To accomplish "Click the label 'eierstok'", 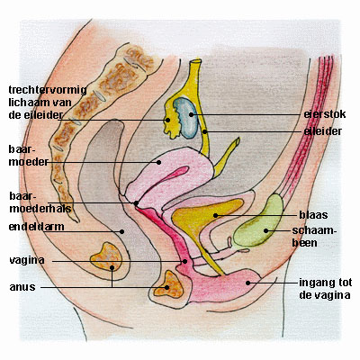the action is tap(325, 114).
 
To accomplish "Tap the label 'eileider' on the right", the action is tap(323, 131).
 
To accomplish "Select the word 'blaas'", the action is tap(313, 215).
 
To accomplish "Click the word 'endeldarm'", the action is tap(36, 227).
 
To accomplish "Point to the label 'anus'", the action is tap(22, 287).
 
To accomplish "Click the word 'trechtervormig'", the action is tap(48, 90).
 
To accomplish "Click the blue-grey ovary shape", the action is tap(186, 118).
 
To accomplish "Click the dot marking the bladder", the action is tap(215, 215).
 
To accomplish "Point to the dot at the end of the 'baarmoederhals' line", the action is tap(136, 203).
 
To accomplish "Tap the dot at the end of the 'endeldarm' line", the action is tap(121, 231).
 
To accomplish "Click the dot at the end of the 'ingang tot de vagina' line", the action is tap(247, 283).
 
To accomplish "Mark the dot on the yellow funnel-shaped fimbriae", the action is tap(168, 120).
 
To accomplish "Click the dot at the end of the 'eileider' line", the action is tap(204, 131).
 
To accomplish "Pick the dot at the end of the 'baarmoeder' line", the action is tap(159, 162).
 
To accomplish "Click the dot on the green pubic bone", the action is tap(265, 230).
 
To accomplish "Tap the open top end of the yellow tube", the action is tap(195, 61).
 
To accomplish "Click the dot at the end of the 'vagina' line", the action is tap(185, 261).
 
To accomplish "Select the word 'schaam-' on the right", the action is tap(314, 230).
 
